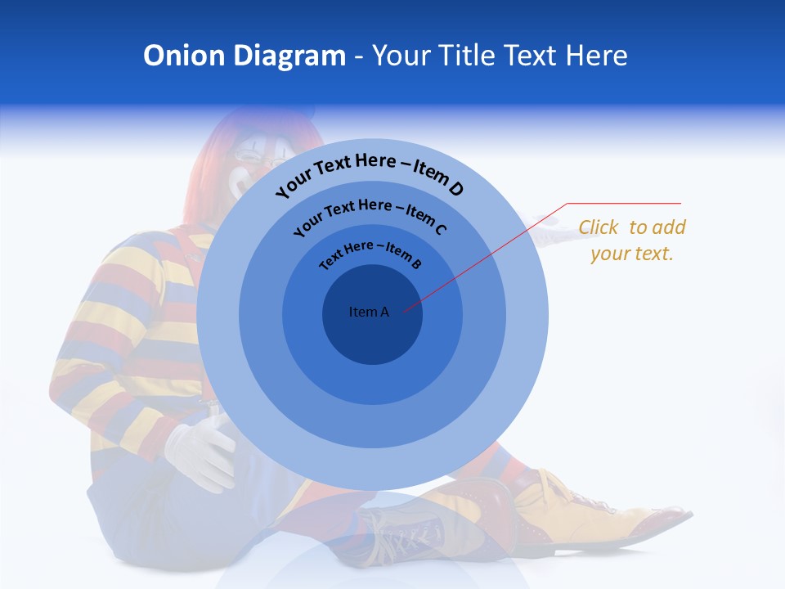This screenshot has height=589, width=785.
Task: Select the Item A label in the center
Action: click(369, 312)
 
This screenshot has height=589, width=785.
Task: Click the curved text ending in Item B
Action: click(370, 254)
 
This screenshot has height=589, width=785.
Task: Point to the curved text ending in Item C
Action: click(370, 214)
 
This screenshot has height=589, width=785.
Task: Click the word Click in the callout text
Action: click(599, 227)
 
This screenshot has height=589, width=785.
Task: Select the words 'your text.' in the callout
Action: click(631, 254)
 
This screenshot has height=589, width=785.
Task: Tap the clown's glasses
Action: click(245, 156)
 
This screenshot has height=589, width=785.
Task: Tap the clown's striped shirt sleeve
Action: click(123, 327)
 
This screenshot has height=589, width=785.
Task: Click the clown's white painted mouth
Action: click(238, 185)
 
